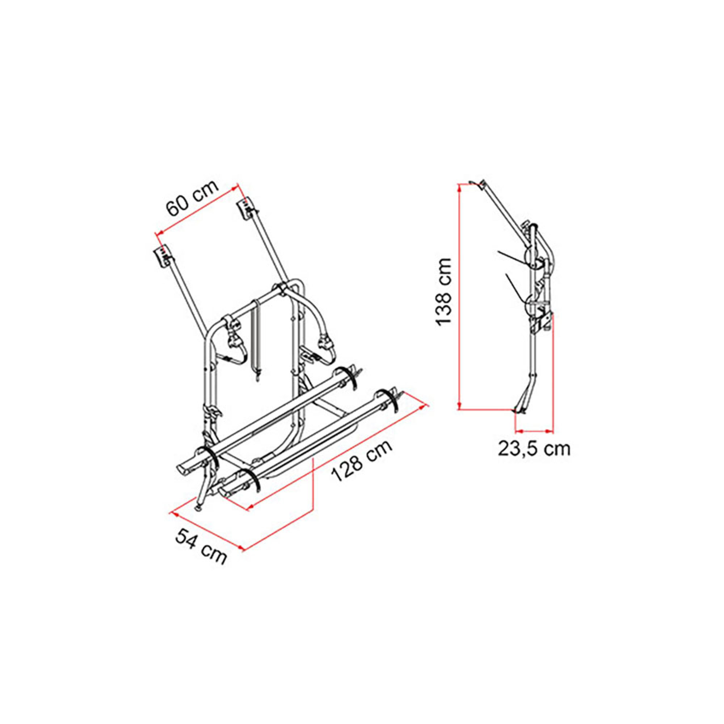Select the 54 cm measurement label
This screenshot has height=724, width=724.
201,548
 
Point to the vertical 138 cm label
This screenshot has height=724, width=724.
445,292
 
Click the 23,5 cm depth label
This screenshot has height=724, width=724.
534,449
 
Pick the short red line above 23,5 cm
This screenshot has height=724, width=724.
534,431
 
